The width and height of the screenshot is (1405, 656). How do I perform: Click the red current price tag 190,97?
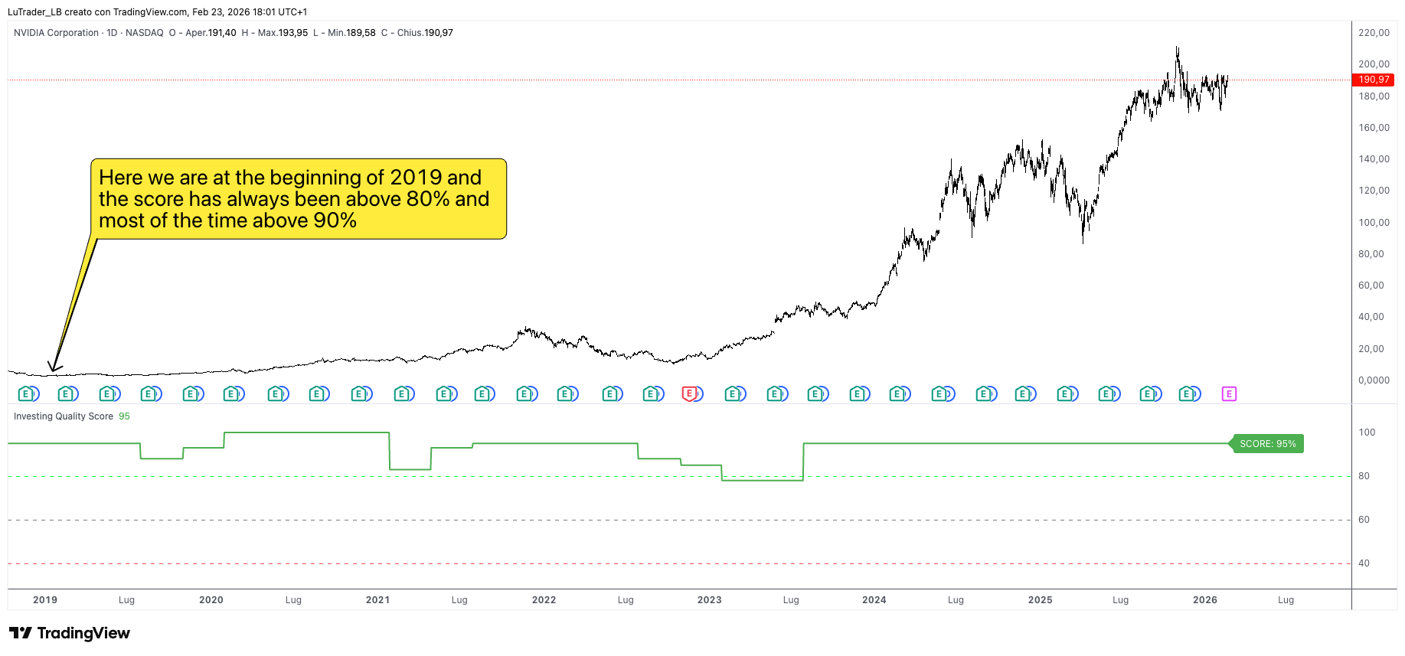[x=1374, y=80]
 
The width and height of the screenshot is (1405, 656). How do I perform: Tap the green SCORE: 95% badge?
[x=1267, y=444]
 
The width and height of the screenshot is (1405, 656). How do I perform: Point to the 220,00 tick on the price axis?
[x=1374, y=33]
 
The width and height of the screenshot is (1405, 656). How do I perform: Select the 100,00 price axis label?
[x=1374, y=223]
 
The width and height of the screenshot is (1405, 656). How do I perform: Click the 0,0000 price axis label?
[x=1374, y=380]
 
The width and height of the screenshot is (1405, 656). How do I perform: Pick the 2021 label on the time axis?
[x=377, y=600]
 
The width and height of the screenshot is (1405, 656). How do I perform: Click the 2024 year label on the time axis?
[x=874, y=600]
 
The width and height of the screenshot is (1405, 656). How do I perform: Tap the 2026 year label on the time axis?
[x=1204, y=600]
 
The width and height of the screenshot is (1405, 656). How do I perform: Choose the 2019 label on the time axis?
[x=45, y=600]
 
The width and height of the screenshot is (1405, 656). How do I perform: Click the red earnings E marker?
[x=691, y=393]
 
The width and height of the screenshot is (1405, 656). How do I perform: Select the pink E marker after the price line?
[x=1229, y=394]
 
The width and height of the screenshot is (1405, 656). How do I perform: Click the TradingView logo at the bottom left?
[x=70, y=633]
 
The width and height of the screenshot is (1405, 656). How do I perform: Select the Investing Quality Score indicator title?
[x=64, y=416]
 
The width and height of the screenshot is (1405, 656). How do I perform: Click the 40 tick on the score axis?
[x=1364, y=563]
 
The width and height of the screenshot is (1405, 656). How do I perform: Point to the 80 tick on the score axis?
[x=1364, y=476]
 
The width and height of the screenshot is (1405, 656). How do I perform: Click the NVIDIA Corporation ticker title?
[x=56, y=33]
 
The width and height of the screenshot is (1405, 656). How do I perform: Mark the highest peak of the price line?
[x=1178, y=48]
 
